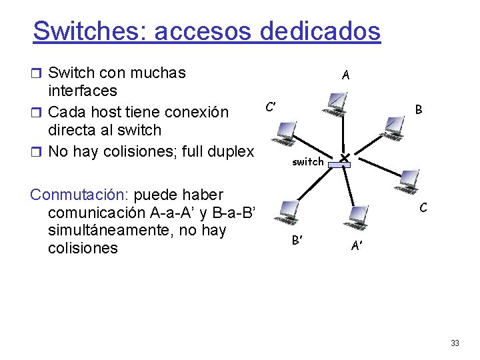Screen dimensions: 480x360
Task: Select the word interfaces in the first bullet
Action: coord(83,91)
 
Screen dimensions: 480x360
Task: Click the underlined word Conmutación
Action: coord(79,195)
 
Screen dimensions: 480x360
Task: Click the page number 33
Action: coord(455,343)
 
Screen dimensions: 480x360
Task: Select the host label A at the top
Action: coord(345,75)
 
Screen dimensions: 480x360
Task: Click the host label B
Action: coord(419,109)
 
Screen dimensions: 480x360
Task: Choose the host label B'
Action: coord(298,240)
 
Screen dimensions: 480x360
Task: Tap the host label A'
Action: coord(357,246)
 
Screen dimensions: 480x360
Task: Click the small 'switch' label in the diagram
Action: coord(307,161)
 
